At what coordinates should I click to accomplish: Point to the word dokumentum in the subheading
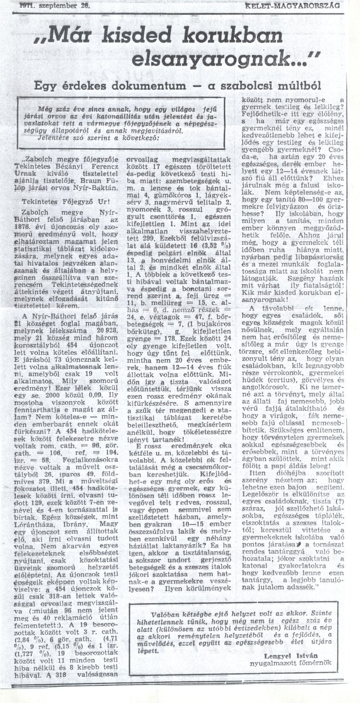tap(153, 86)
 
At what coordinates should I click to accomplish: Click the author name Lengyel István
tap(292, 655)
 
